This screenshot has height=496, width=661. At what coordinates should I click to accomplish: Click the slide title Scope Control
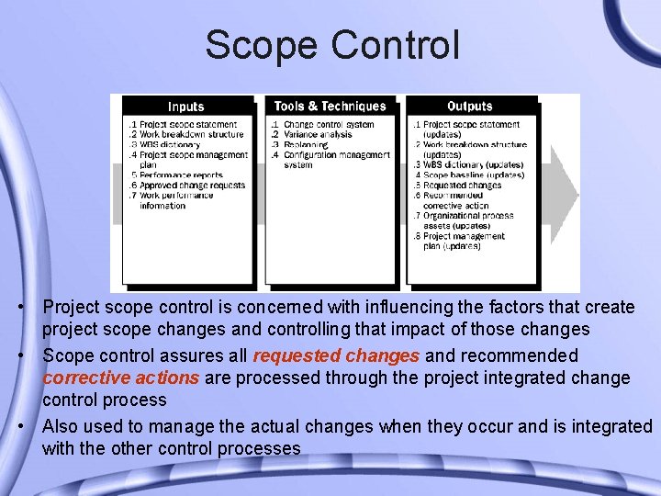click(x=331, y=45)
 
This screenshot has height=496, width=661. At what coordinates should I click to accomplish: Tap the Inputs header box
click(x=186, y=107)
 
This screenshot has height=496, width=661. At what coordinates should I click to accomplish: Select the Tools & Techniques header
click(x=330, y=107)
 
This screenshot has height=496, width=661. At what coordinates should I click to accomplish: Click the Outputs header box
click(x=469, y=107)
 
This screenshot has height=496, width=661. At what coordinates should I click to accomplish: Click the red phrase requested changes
click(x=336, y=355)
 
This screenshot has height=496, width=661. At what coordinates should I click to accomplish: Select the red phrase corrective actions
click(x=120, y=378)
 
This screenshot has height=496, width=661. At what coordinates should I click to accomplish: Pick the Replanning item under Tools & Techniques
click(x=308, y=144)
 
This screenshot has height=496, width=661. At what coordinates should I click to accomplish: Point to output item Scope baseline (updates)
click(x=473, y=175)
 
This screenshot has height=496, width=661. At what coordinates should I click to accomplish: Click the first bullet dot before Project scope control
click(x=31, y=306)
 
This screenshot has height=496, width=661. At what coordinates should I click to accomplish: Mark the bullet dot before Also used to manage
click(x=31, y=426)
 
